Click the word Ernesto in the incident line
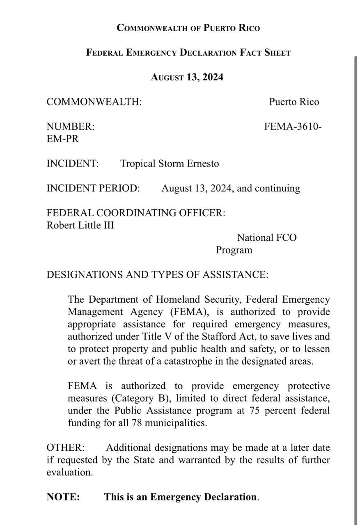[203, 164]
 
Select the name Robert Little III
[80, 225]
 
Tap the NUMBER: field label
[70, 127]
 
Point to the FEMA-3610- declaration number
[293, 127]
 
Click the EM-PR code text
[62, 139]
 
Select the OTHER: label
[66, 447]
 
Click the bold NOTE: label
[63, 497]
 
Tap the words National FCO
[266, 237]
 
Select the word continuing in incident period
[277, 188]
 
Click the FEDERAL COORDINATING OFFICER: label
[136, 213]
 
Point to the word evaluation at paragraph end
[69, 472]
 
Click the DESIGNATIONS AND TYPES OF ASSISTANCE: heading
[157, 275]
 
